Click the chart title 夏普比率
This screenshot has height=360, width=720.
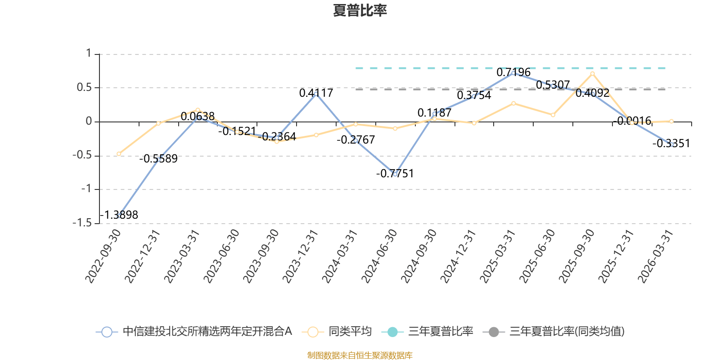pos(360,11)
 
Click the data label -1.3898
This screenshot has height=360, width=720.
pos(119,215)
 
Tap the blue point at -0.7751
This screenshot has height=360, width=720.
pos(395,174)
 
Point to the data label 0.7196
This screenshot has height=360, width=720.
pos(513,72)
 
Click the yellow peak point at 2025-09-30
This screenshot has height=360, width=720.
pos(592,73)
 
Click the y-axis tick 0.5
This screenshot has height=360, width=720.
pos(84,87)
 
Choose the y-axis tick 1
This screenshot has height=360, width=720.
pos(89,54)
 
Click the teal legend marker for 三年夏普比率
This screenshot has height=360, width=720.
pos(392,332)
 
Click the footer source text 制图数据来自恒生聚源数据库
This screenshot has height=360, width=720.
pos(360,355)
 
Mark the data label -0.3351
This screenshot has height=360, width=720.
pos(671,144)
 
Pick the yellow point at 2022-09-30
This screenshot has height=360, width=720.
pos(119,154)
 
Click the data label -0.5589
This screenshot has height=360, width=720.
pos(158,159)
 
